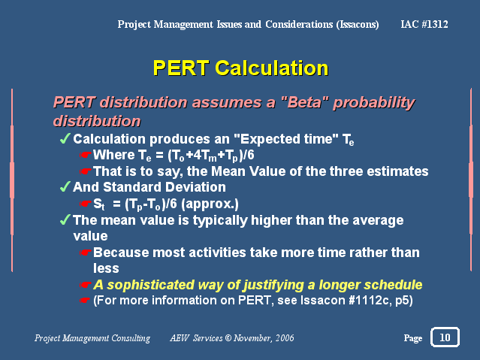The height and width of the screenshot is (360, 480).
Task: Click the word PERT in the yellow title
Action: (181, 68)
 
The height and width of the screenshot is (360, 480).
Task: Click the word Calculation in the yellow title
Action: (271, 68)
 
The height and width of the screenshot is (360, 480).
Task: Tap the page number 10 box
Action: (445, 337)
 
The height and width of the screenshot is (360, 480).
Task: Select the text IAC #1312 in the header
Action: (424, 24)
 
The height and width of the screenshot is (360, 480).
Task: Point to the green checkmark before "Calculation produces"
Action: (65, 138)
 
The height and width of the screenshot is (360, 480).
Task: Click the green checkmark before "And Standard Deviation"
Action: (65, 186)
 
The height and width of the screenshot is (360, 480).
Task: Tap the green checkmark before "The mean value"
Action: (65, 219)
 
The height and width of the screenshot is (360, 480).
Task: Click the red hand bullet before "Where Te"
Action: (86, 155)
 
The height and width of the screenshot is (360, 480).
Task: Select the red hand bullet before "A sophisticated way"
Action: (86, 285)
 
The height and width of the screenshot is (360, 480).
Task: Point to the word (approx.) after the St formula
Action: (210, 204)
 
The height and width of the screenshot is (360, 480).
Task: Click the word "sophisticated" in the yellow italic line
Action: (150, 285)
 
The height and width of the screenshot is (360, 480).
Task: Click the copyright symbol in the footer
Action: (228, 338)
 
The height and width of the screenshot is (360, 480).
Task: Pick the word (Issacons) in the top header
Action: (358, 24)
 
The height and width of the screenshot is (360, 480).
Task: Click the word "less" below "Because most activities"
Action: (106, 268)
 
